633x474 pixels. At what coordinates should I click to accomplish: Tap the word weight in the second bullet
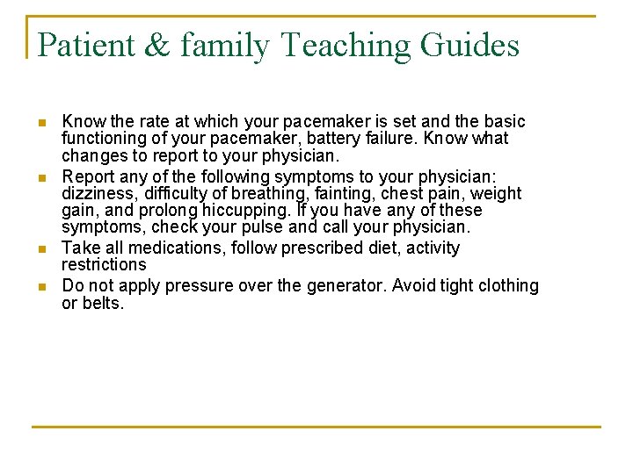pyautogui.click(x=498, y=193)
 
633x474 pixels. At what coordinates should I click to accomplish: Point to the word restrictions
pyautogui.click(x=104, y=264)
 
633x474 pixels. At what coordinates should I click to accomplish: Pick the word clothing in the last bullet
pyautogui.click(x=506, y=286)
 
